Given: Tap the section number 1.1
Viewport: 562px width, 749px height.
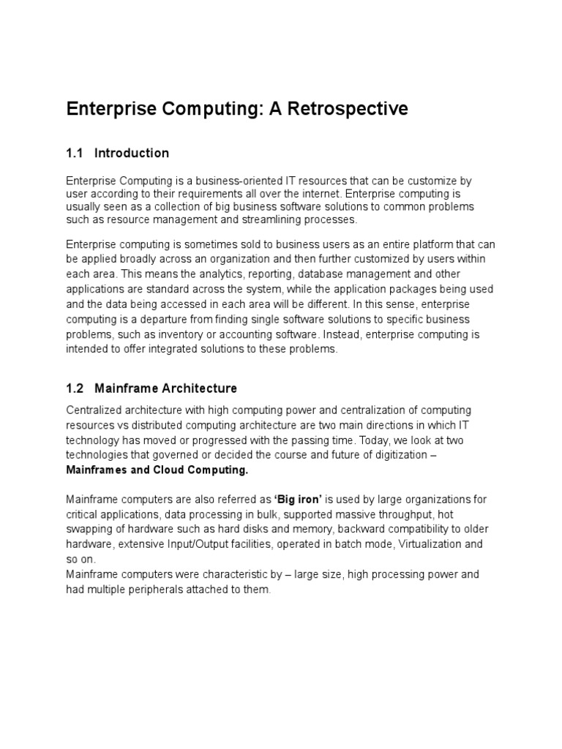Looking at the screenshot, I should coord(75,153).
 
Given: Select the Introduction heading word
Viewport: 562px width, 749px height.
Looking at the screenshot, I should coord(132,153).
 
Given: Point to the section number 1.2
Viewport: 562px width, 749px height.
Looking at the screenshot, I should coord(75,388).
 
